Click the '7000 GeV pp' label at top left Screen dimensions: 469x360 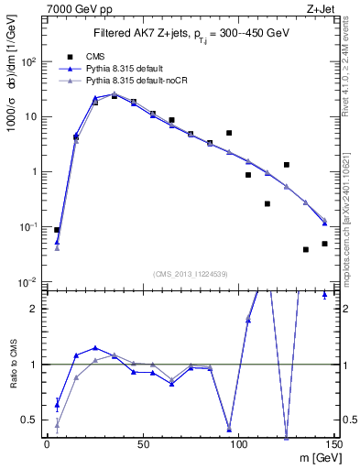click(x=75, y=8)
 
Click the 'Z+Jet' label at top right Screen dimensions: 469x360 click(x=334, y=8)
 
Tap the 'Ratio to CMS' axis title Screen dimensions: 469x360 click(x=14, y=379)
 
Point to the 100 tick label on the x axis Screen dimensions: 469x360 click(x=238, y=443)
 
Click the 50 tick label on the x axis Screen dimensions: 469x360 click(x=143, y=443)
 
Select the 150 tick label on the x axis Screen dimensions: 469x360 click(x=334, y=443)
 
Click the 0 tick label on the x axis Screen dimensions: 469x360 click(x=47, y=443)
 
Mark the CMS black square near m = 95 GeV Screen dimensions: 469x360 click(x=229, y=133)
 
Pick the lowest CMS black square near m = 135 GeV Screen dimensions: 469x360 click(x=306, y=249)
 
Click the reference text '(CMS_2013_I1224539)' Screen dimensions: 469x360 click(x=191, y=273)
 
